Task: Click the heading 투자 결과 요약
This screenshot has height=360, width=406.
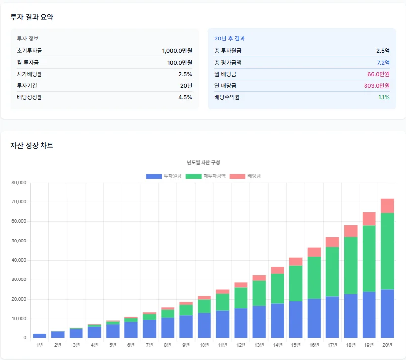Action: pyautogui.click(x=32, y=17)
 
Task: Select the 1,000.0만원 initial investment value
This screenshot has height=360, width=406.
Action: pyautogui.click(x=177, y=51)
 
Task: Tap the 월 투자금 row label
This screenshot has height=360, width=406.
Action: pyautogui.click(x=28, y=63)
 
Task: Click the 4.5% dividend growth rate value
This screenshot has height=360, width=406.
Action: pyautogui.click(x=185, y=97)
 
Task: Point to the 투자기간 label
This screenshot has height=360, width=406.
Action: pyautogui.click(x=28, y=86)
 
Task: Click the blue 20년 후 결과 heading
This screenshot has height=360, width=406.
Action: pyautogui.click(x=230, y=39)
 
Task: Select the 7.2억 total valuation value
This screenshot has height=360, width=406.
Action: pyautogui.click(x=383, y=63)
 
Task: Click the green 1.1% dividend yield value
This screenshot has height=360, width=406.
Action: pyautogui.click(x=384, y=97)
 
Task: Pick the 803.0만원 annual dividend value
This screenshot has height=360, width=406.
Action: pyautogui.click(x=376, y=86)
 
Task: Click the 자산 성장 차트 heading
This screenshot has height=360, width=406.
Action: pyautogui.click(x=32, y=145)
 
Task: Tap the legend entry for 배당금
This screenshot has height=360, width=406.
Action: pyautogui.click(x=245, y=176)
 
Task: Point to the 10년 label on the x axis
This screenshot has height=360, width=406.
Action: pyautogui.click(x=204, y=345)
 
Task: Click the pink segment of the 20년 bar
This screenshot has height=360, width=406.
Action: pyautogui.click(x=387, y=205)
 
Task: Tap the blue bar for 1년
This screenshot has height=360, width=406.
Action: pyautogui.click(x=40, y=336)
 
